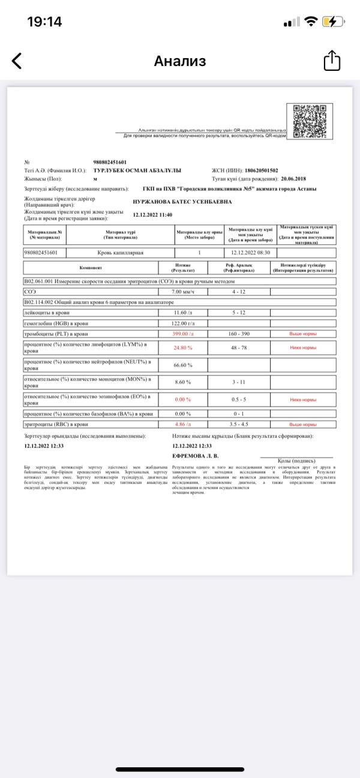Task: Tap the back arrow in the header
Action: [x=17, y=61]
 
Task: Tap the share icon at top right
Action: [x=332, y=61]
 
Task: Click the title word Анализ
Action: [x=180, y=61]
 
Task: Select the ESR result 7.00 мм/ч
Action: [x=184, y=291]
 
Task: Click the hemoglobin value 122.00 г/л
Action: [x=184, y=323]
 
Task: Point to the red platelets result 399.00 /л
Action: [x=183, y=333]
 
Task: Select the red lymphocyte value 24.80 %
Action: [x=183, y=347]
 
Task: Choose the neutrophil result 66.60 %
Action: [x=183, y=365]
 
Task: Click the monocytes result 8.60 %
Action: [x=182, y=382]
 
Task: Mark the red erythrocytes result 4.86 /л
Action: [x=182, y=423]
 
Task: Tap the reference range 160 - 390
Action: [x=243, y=333]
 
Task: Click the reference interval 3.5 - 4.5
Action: [x=243, y=423]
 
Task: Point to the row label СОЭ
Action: [x=29, y=291]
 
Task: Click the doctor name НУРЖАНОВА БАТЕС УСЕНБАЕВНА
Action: [x=182, y=202]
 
